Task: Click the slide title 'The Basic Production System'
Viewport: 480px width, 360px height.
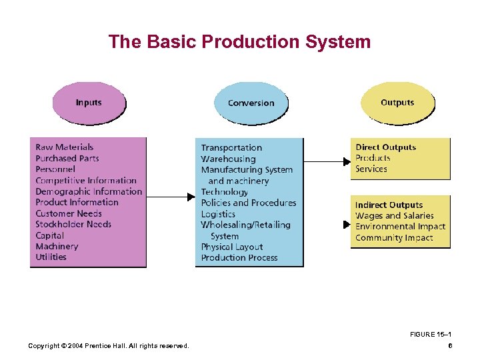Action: [239, 42]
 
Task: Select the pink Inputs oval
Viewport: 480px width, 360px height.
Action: [89, 103]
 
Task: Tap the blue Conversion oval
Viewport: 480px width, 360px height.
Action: [251, 103]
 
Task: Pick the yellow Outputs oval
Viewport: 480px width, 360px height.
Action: [397, 103]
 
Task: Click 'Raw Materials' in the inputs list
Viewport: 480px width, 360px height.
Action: [65, 147]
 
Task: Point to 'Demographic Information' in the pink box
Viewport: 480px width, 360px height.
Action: [89, 191]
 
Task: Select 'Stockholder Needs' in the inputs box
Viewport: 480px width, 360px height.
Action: [73, 224]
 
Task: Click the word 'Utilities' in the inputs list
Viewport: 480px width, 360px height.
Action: [51, 257]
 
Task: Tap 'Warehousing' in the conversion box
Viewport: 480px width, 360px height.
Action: [228, 159]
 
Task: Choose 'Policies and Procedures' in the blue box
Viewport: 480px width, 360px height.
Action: [248, 203]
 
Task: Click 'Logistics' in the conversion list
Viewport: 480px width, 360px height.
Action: [218, 214]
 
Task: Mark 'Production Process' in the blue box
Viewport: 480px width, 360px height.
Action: [239, 257]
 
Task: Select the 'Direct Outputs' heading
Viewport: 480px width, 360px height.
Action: [385, 147]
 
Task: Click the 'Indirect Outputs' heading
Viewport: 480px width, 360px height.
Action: [389, 205]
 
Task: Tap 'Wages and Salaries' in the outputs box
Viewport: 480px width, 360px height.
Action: [394, 216]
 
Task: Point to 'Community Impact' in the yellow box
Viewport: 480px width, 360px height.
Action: [394, 237]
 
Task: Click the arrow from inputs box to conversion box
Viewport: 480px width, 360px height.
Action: [170, 197]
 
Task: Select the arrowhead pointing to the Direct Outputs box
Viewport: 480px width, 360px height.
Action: [346, 161]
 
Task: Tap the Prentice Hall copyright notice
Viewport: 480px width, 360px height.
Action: [108, 345]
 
